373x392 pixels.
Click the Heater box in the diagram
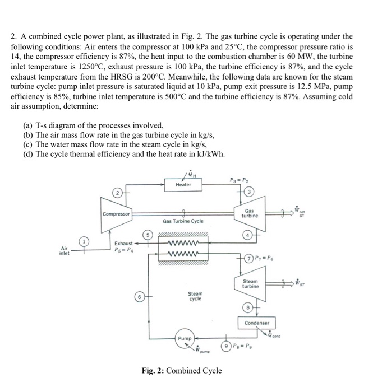183,184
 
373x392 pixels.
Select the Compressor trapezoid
117,213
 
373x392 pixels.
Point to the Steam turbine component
250,284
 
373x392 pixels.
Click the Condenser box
257,323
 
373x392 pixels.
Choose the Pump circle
185,339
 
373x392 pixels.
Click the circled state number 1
85,242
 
